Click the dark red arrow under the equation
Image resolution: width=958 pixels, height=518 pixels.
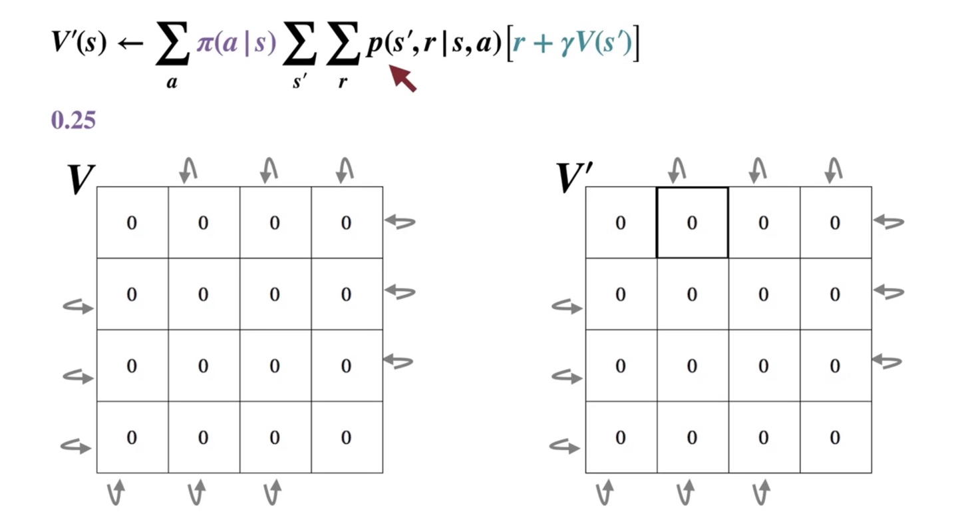pyautogui.click(x=403, y=78)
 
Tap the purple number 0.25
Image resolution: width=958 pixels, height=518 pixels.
pyautogui.click(x=73, y=121)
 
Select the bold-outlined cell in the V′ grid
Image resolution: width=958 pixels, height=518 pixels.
pyautogui.click(x=692, y=222)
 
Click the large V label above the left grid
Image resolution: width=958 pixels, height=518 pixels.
pyautogui.click(x=80, y=179)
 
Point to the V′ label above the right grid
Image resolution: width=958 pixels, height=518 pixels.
pyautogui.click(x=574, y=178)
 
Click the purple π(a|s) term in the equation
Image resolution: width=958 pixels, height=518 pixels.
pyautogui.click(x=236, y=46)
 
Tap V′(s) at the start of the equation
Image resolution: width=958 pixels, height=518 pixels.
pyautogui.click(x=79, y=44)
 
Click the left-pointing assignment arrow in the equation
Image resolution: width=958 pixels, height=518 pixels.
pyautogui.click(x=130, y=45)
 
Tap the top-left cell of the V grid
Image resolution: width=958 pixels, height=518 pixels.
pyautogui.click(x=132, y=222)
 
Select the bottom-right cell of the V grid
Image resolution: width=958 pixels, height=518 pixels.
pyautogui.click(x=346, y=437)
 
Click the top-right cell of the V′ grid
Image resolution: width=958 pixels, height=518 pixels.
pyautogui.click(x=835, y=222)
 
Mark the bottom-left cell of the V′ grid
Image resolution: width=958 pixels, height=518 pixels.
pyautogui.click(x=620, y=437)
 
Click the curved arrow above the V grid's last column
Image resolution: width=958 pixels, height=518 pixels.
pyautogui.click(x=345, y=170)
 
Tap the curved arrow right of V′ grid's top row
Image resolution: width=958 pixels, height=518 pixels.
pyautogui.click(x=888, y=222)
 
